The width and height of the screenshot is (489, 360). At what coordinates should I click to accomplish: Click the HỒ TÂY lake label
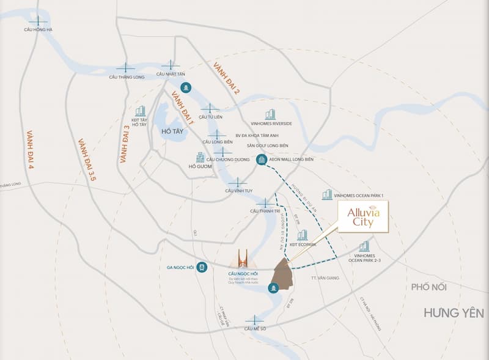164,131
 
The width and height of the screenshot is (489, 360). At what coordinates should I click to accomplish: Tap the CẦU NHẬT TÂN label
171,74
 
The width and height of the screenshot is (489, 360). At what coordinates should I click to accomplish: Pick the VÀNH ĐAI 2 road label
226,78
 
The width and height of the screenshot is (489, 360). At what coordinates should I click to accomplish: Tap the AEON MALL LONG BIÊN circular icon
262,160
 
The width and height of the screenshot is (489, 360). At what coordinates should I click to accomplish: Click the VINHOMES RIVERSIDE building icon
270,114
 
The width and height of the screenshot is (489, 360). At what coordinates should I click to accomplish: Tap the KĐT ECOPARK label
302,244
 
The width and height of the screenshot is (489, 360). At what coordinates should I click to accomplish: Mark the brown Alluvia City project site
282,274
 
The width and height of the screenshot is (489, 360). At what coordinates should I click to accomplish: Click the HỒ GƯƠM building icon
199,158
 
